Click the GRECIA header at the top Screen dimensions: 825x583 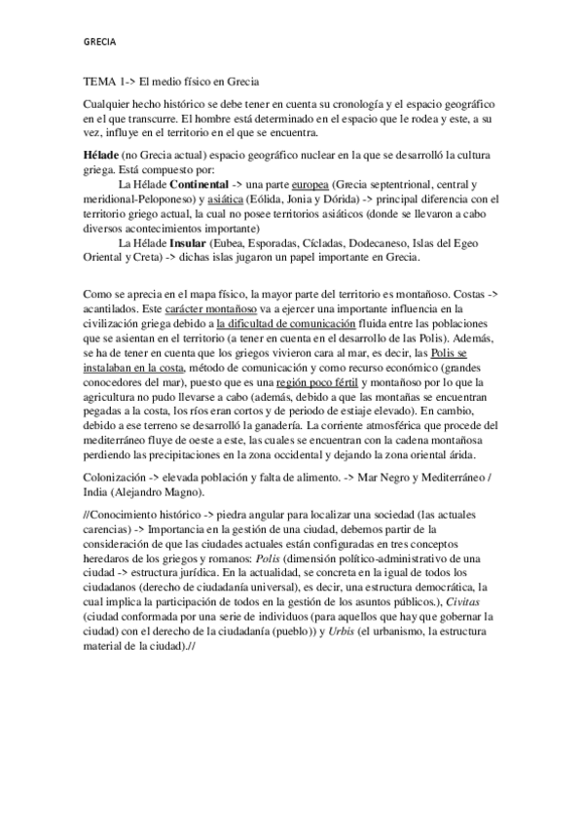[98, 43]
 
